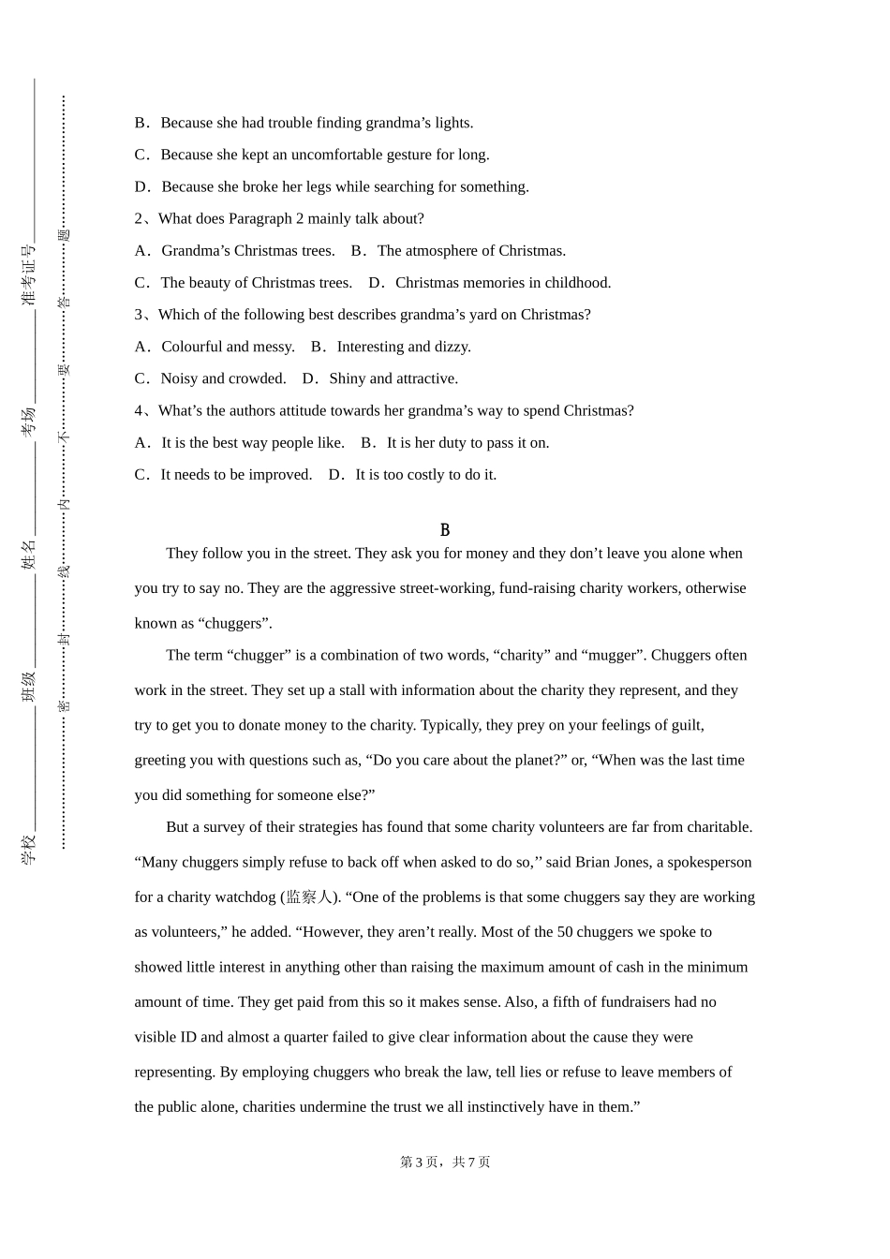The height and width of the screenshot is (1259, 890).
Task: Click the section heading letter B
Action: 445,530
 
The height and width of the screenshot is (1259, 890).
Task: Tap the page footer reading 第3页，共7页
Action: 445,1162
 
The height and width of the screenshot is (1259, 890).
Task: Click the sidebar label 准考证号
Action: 29,274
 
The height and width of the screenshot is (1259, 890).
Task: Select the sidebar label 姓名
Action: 29,554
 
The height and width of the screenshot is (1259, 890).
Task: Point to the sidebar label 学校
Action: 29,849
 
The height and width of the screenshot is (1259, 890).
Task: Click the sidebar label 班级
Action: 29,686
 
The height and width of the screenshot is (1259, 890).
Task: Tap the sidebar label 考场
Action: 29,421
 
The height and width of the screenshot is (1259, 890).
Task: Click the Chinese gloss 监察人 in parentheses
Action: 308,897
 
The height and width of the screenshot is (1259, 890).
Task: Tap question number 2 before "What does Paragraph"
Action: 139,218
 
